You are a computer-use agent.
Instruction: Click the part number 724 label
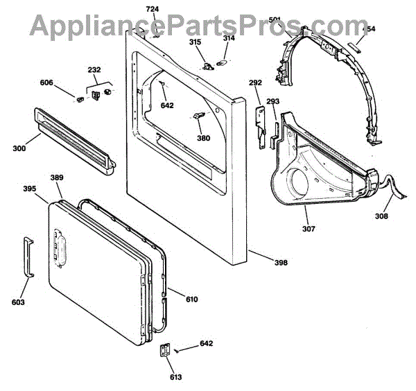click(x=152, y=8)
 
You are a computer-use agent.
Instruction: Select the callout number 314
click(x=229, y=39)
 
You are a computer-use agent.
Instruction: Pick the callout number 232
click(x=94, y=70)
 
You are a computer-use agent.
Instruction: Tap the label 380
click(x=202, y=138)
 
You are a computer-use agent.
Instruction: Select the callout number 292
click(x=256, y=83)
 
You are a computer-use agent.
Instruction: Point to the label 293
click(x=272, y=102)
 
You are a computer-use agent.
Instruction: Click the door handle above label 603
click(x=28, y=257)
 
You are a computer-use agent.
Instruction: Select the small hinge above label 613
click(x=165, y=351)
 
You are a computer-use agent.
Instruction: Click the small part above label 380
click(x=198, y=116)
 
